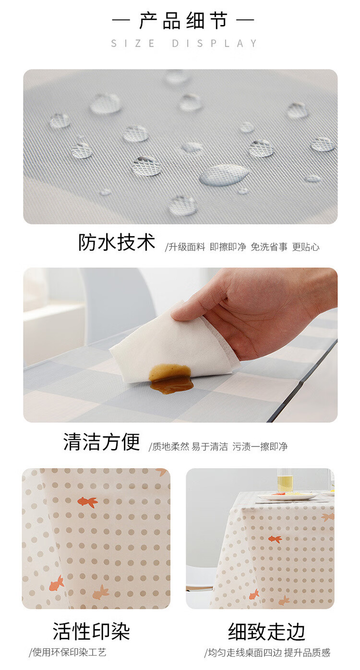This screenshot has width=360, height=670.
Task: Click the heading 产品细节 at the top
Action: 183,21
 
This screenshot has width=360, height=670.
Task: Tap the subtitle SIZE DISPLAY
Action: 184,44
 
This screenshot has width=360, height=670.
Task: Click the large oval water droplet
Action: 224,175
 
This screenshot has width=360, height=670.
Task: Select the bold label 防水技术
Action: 117,242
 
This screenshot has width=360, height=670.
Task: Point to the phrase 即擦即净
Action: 228,247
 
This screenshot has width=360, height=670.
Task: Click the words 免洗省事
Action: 269,247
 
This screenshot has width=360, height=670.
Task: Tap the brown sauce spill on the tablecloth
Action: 171,379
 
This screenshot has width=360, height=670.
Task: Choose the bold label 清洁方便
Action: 102,442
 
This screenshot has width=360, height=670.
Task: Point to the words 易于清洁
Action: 210,447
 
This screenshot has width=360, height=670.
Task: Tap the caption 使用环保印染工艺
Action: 68,652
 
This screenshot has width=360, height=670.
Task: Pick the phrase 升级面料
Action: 187,247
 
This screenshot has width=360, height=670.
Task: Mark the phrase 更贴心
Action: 306,247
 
